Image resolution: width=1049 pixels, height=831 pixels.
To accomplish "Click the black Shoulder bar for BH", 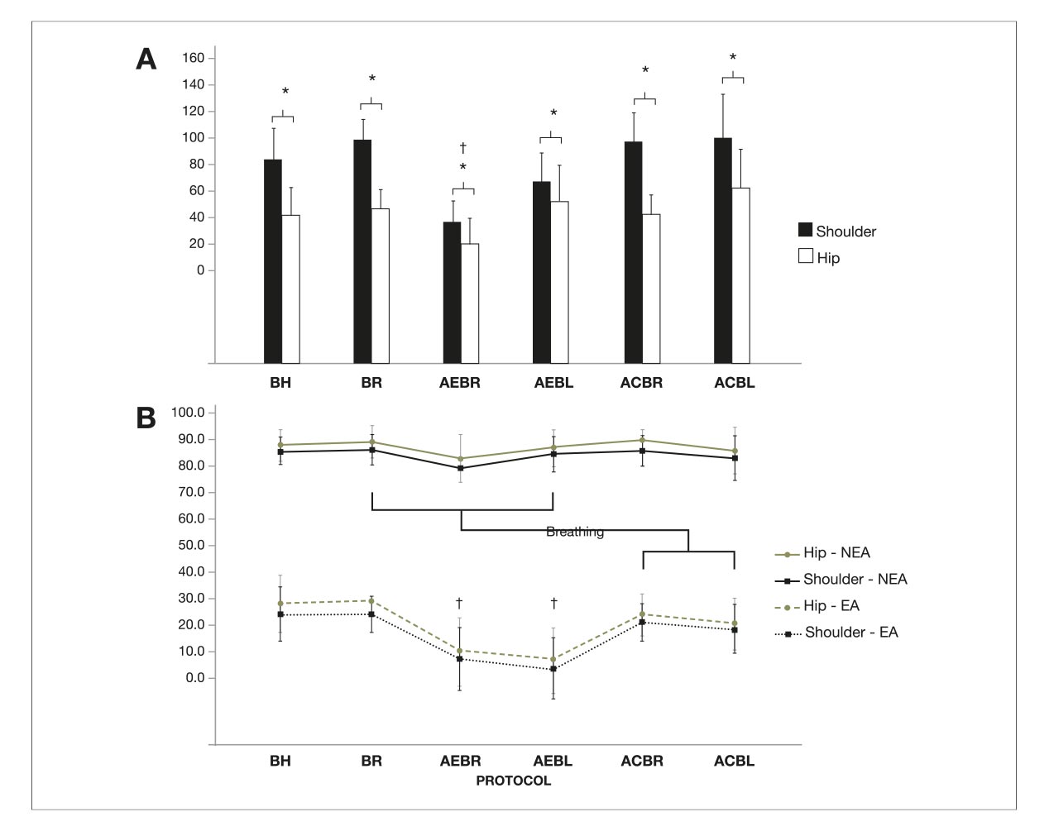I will point(273,260).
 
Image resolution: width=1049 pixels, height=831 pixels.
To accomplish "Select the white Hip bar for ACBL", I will point(740,275).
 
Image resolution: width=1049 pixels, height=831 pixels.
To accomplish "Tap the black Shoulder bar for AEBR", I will point(452,292).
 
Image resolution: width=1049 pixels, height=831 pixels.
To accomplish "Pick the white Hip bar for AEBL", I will point(560,282).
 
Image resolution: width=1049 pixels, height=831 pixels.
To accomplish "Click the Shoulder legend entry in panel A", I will point(836,232).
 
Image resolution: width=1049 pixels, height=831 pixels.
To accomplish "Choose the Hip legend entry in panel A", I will point(819,258).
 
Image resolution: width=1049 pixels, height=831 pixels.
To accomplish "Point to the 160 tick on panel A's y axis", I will point(193,58).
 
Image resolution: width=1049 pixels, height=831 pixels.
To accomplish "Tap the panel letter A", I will point(146,60).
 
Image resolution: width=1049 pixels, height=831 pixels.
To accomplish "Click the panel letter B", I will point(146,418).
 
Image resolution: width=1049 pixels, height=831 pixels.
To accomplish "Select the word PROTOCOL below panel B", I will point(513,781).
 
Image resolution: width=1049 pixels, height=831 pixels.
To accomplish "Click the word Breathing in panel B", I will point(575,532).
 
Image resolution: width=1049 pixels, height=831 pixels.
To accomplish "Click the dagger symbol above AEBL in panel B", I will point(553,604).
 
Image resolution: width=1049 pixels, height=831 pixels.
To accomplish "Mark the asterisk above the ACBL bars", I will point(733,58).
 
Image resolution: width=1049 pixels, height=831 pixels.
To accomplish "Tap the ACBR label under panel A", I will point(641,383).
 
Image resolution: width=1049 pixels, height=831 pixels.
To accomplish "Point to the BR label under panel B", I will point(371,761).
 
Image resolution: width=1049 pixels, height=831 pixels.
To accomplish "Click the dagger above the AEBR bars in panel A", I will point(463,148).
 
